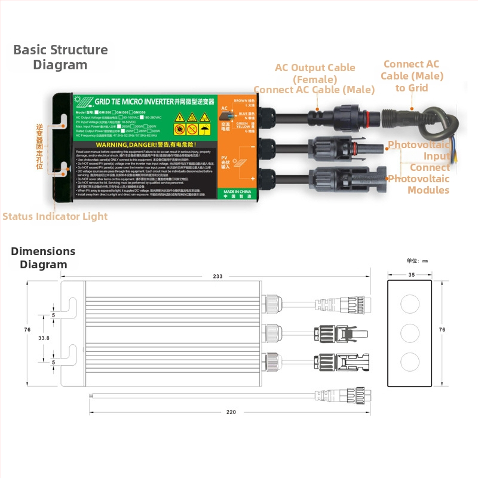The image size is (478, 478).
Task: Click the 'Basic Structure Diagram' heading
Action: click(60, 57)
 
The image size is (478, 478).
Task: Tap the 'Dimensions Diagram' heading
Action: click(43, 258)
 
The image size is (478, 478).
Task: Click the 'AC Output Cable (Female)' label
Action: click(315, 73)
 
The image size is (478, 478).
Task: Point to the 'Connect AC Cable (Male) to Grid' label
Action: click(412, 76)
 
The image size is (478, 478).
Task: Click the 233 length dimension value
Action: click(217, 276)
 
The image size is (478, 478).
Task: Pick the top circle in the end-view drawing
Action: click(411, 304)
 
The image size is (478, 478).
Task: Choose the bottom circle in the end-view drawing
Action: click(411, 362)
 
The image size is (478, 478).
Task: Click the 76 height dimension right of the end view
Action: click(442, 330)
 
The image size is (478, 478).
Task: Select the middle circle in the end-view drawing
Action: click(411, 333)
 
